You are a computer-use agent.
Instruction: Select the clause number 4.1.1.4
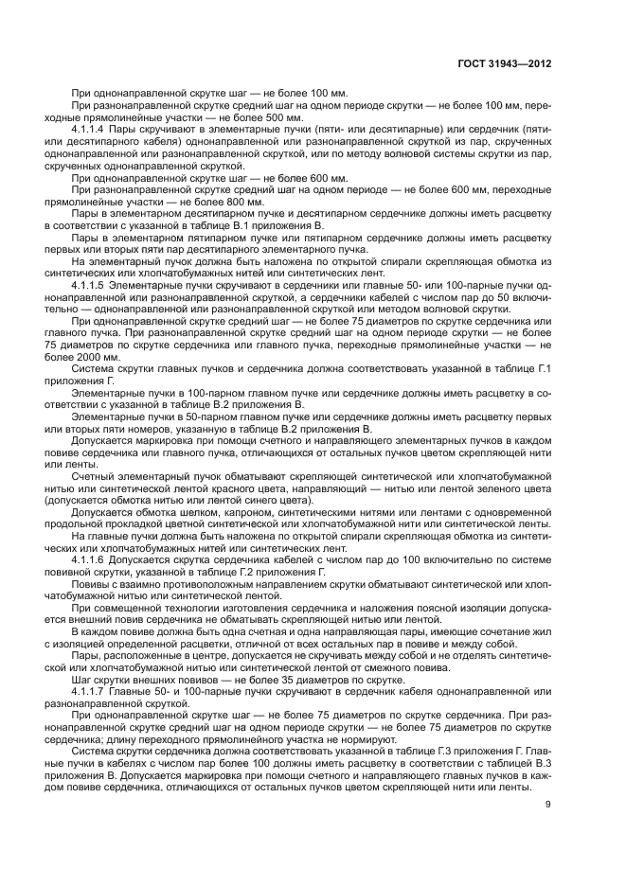(93, 126)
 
